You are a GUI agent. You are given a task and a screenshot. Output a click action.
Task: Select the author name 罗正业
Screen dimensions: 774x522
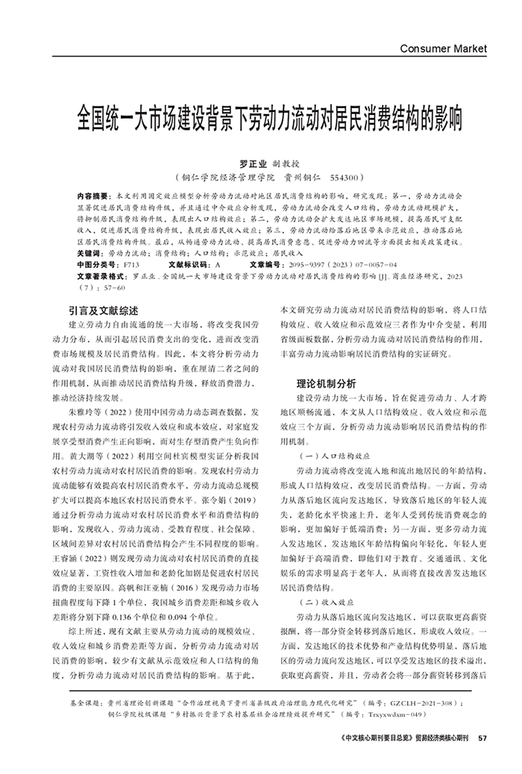[x=252, y=163]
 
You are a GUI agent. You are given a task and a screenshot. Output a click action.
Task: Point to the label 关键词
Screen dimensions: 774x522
[x=91, y=254]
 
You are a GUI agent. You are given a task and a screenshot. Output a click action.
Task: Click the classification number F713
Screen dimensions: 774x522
[x=131, y=265]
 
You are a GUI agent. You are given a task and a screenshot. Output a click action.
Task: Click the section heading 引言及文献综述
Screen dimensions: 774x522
[x=103, y=310]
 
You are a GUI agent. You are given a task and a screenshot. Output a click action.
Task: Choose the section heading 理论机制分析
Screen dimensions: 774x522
[x=326, y=383]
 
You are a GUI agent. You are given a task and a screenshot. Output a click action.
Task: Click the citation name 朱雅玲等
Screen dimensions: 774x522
[x=89, y=412]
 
